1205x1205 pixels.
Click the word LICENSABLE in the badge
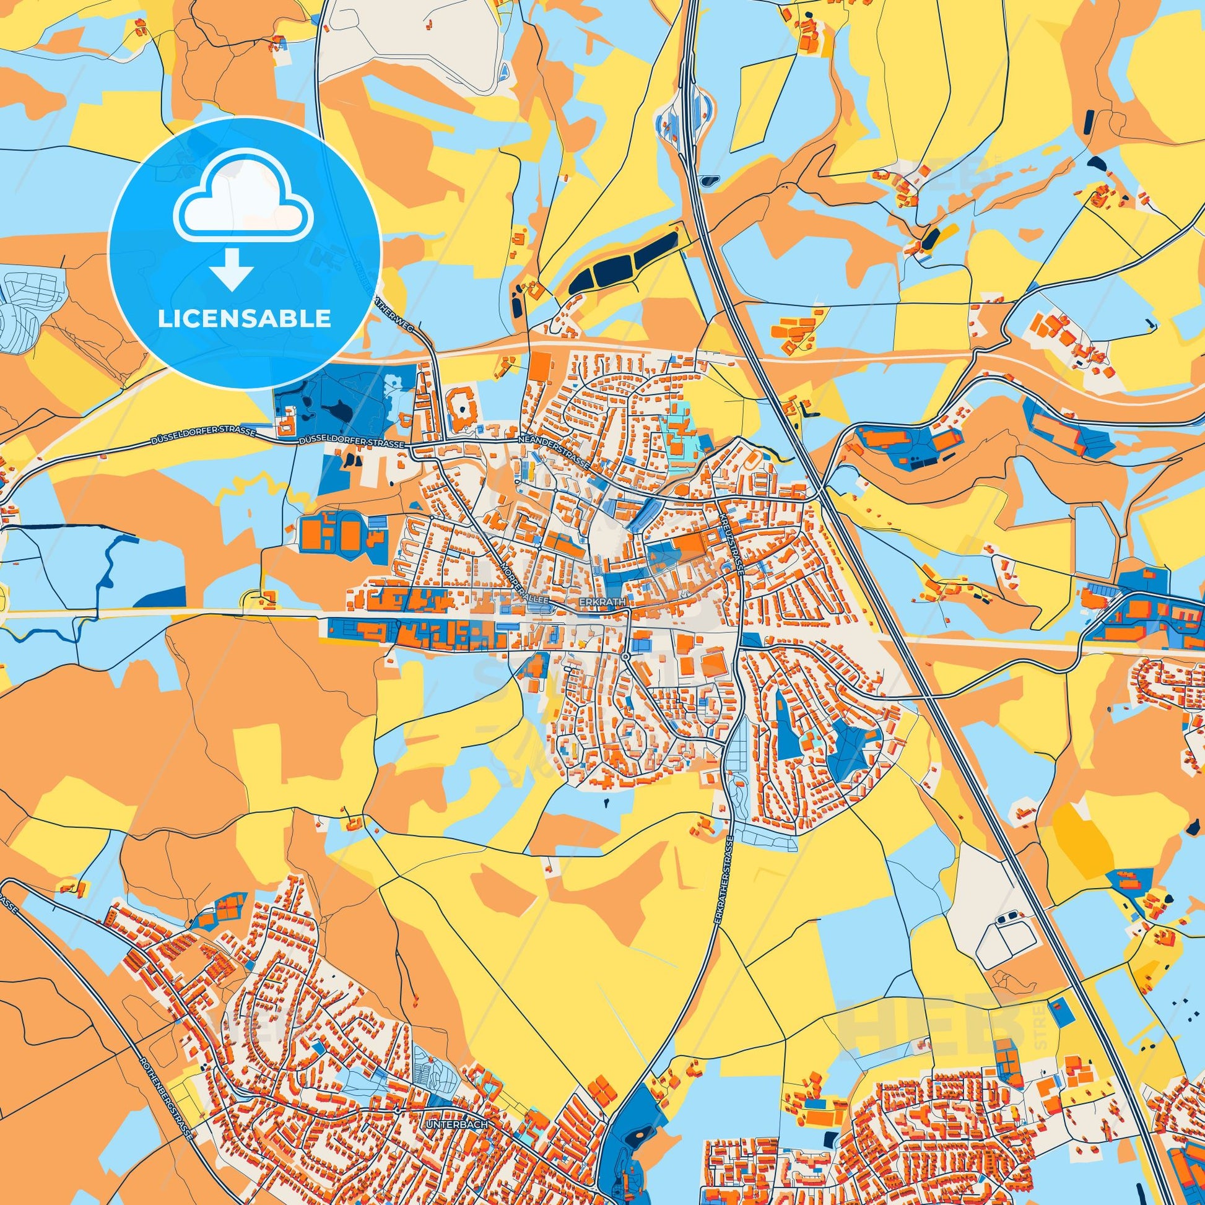(x=244, y=320)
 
